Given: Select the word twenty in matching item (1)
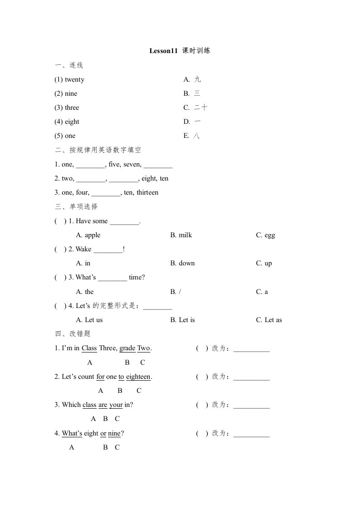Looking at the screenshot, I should (x=74, y=80).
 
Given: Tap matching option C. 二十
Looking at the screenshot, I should (x=196, y=108).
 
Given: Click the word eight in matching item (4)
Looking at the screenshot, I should (x=72, y=122).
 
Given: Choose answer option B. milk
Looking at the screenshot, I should (x=181, y=235).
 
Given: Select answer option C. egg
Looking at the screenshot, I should (x=266, y=235).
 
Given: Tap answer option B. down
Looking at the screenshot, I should (x=182, y=264).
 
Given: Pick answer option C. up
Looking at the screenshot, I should (x=264, y=264).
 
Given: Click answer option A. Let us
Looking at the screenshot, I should (x=89, y=320).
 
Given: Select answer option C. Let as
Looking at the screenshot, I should (x=269, y=320).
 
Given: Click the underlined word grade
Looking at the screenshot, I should (x=128, y=348).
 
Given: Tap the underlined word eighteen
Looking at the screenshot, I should (x=138, y=377).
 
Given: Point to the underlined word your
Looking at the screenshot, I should (x=116, y=405).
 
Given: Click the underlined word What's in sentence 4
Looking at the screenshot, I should (x=72, y=434).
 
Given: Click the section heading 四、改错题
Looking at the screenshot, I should (x=73, y=334).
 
